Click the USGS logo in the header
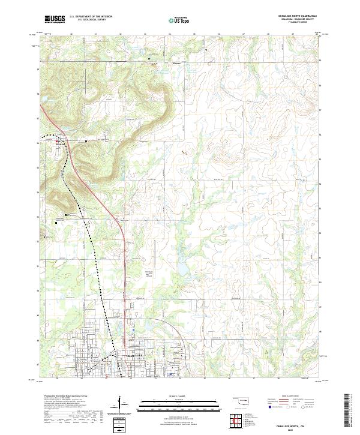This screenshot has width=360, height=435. click(55, 19)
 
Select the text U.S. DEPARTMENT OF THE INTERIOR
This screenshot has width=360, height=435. click(91, 17)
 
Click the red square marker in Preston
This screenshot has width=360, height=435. click(57, 142)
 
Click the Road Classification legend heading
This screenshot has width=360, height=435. click(292, 397)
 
